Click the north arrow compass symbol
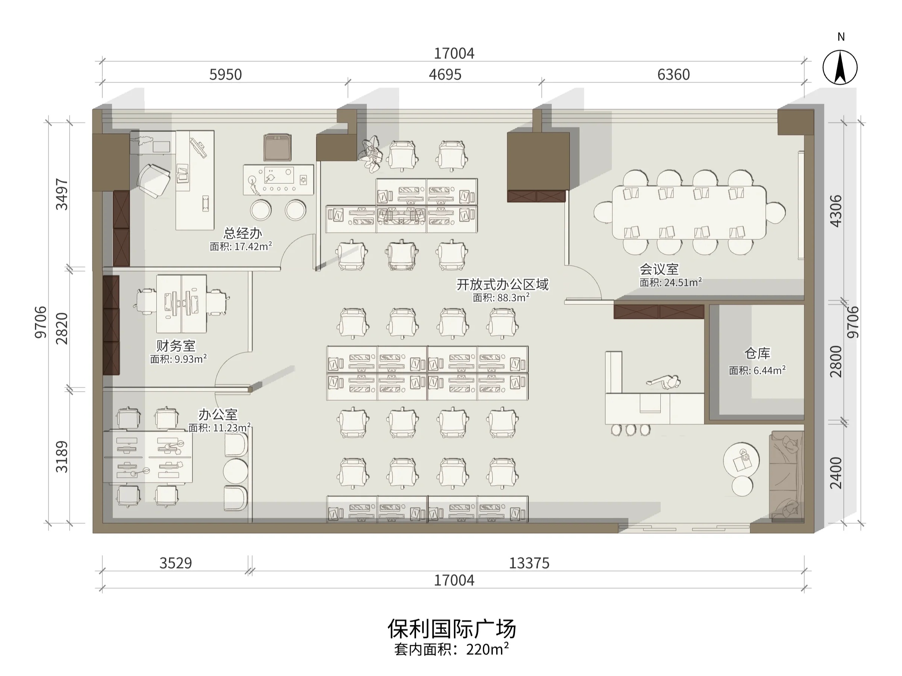(840, 67)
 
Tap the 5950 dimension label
(225, 75)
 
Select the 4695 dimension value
(445, 75)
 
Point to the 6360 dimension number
(673, 75)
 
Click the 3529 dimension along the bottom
(176, 563)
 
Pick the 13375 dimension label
(529, 563)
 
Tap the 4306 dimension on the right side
(835, 211)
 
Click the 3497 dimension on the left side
(62, 194)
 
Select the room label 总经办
(243, 233)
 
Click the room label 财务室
(176, 346)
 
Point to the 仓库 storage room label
(757, 353)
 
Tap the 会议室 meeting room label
(659, 269)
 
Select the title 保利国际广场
(452, 628)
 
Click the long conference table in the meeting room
(689, 212)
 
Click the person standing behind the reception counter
(664, 383)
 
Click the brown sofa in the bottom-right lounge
(786, 476)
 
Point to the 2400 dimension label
(835, 473)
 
